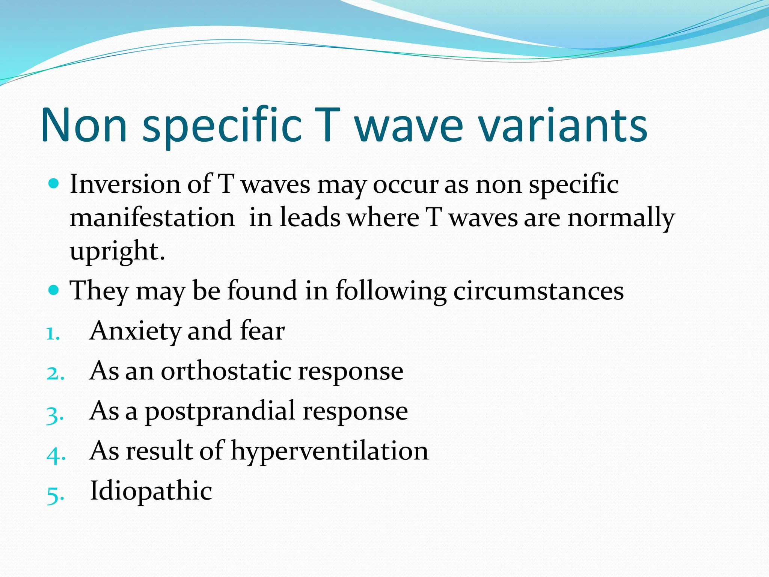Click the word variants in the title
click(x=563, y=126)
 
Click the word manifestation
click(x=152, y=218)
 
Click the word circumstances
click(x=538, y=291)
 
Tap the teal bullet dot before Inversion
click(x=54, y=184)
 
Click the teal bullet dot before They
click(x=54, y=290)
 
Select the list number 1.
click(x=53, y=334)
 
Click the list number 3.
click(x=55, y=415)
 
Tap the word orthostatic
click(x=226, y=371)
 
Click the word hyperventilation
click(x=329, y=451)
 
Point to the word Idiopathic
click(x=151, y=491)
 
